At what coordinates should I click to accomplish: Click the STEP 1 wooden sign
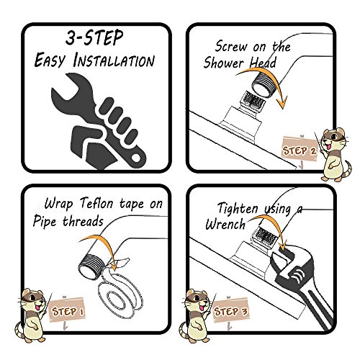click(x=67, y=310)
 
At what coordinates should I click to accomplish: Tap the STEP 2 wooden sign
click(x=300, y=149)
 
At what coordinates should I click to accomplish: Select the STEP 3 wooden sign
click(x=230, y=310)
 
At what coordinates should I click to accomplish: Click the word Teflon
click(x=96, y=203)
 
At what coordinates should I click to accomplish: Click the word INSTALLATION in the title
click(x=114, y=60)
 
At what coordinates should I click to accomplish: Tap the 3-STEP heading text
click(x=94, y=37)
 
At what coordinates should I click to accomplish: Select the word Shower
click(x=224, y=63)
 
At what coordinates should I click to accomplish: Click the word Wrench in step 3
click(x=225, y=225)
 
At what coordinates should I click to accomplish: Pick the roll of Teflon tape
click(x=120, y=289)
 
